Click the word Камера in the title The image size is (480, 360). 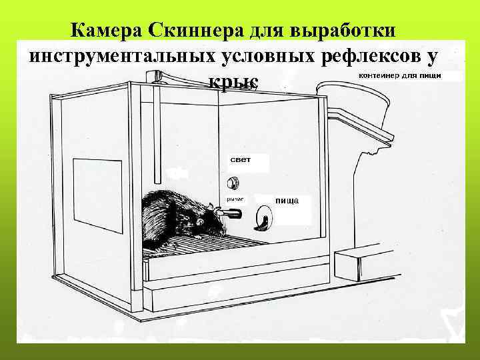[107, 31]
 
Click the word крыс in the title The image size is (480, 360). [233, 81]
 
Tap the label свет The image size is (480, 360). [241, 160]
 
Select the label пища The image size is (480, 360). [287, 200]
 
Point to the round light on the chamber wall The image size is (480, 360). [233, 182]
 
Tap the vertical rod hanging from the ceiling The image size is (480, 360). [158, 127]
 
